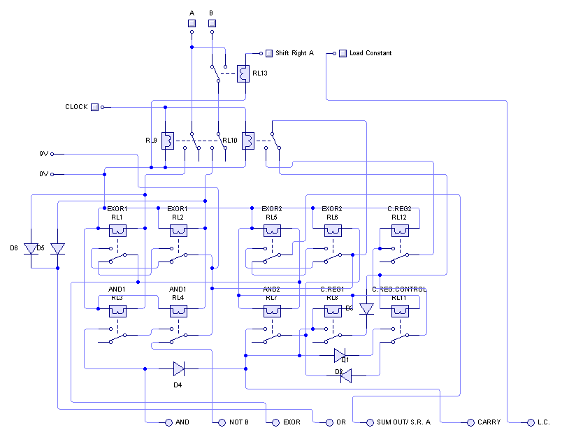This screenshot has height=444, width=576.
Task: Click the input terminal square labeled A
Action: tap(192, 24)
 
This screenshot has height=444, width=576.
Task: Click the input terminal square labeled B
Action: tap(211, 24)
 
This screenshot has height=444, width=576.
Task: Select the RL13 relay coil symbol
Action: tap(243, 73)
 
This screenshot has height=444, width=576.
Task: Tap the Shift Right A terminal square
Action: tap(268, 53)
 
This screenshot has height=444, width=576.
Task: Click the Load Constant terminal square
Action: tap(343, 53)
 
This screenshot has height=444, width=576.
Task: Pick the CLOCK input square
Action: tap(94, 107)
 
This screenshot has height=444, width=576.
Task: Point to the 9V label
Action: tap(43, 154)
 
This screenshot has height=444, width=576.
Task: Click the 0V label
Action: tap(43, 174)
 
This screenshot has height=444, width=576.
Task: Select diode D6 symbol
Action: tap(31, 248)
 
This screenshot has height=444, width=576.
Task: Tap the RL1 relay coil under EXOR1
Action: tap(117, 231)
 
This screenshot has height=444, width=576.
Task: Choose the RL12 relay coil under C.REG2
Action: tap(399, 231)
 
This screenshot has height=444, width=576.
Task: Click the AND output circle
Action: tap(168, 422)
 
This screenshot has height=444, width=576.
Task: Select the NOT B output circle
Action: tap(222, 422)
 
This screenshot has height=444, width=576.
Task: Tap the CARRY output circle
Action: tap(470, 422)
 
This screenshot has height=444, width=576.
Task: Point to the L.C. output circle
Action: tap(530, 422)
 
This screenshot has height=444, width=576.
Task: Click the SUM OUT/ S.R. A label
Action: tap(403, 422)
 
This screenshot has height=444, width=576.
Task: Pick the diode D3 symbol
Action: tap(366, 308)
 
